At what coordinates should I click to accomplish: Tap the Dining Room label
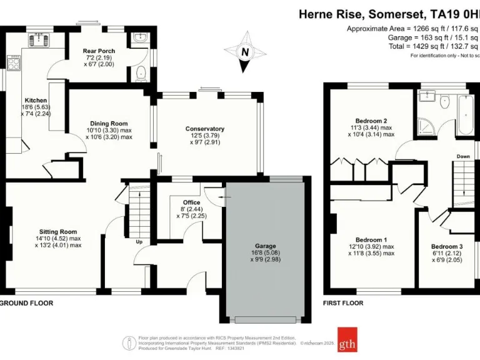(109, 123)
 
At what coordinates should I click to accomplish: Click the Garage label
(265, 246)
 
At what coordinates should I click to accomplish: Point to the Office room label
(191, 202)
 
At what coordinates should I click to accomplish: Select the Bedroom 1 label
(371, 240)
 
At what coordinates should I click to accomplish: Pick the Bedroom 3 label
(447, 246)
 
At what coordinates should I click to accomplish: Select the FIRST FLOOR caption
(342, 303)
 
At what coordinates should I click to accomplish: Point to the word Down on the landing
(463, 156)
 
